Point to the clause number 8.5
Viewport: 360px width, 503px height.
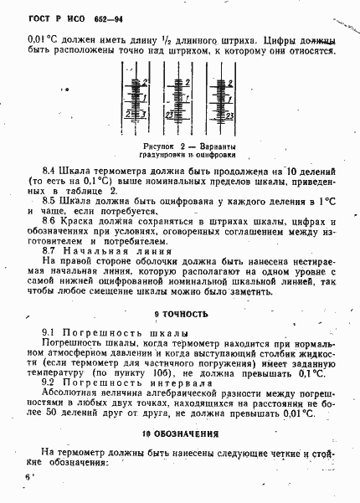tap(49, 202)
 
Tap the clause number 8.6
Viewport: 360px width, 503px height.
tap(49, 222)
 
